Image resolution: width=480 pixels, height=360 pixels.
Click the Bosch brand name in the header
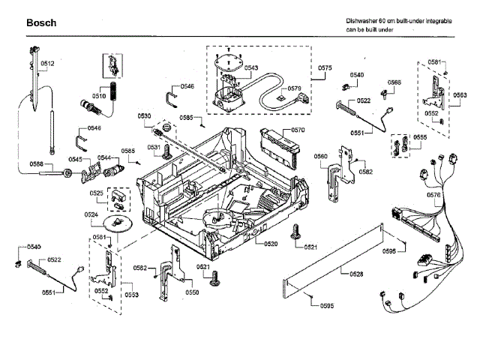(40, 23)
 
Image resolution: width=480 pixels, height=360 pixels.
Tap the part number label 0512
(46, 64)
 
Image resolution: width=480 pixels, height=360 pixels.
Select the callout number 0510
(98, 97)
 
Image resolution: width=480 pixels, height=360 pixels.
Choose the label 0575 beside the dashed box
(325, 68)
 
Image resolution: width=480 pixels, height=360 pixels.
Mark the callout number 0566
(394, 82)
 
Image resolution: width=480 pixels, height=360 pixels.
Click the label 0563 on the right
(460, 94)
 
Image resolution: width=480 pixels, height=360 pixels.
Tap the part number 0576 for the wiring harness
(454, 195)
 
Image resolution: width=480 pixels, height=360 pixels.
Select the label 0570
(298, 130)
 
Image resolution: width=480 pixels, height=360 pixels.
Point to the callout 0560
(320, 156)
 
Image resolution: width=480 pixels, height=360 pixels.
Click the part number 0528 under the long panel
(356, 274)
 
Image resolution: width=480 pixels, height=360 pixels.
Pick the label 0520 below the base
(271, 244)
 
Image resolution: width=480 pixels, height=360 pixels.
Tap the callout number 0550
(192, 292)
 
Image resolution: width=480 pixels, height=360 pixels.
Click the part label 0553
(131, 295)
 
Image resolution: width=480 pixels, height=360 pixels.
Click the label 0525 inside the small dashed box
(97, 193)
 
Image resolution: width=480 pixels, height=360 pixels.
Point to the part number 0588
(36, 164)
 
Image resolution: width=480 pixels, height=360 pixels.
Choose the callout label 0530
(144, 115)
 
